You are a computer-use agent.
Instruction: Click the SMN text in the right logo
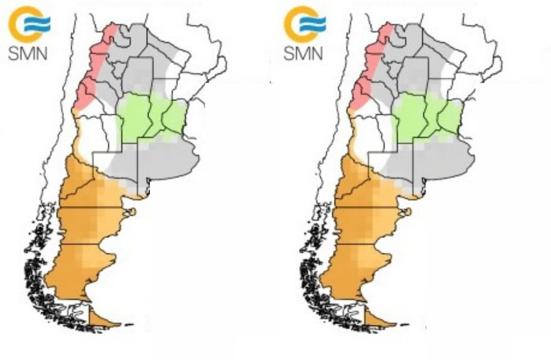point(302,53)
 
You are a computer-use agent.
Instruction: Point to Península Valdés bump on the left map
point(132,213)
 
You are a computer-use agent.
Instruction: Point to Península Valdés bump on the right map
point(408,213)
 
